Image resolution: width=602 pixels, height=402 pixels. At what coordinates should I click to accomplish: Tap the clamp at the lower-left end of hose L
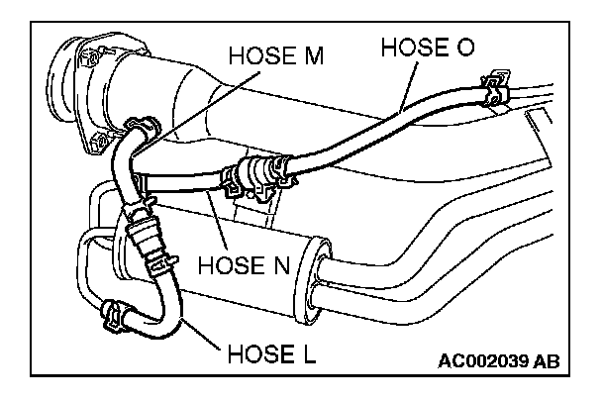[x=115, y=315]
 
